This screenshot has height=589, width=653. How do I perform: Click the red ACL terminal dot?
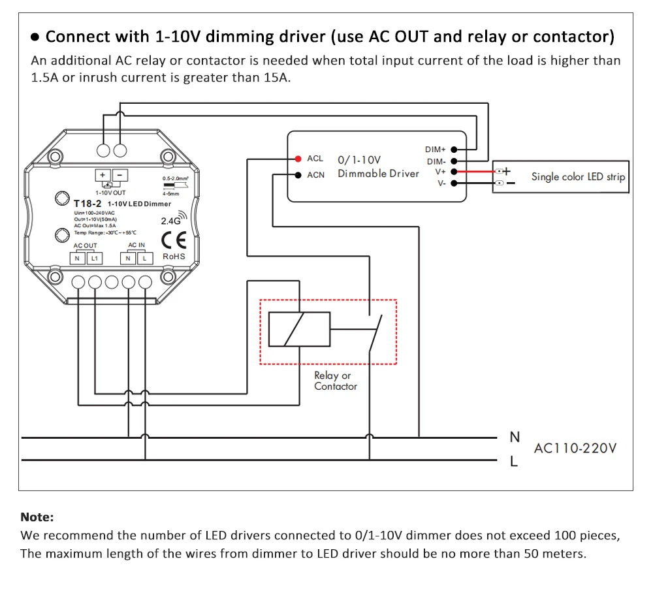[x=298, y=159]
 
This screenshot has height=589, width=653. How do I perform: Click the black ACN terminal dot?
[x=298, y=175]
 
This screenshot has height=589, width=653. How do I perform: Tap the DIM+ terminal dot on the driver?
[x=454, y=149]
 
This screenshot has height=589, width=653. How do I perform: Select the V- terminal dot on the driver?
[x=454, y=183]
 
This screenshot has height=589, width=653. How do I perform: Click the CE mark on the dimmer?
[x=174, y=240]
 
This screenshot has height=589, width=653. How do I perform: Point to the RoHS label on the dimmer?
[x=174, y=257]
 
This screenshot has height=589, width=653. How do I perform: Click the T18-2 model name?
[x=88, y=204]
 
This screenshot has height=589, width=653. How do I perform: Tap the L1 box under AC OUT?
[x=95, y=259]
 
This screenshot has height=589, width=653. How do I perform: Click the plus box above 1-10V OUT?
[x=103, y=175]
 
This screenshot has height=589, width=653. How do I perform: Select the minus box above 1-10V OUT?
[x=120, y=175]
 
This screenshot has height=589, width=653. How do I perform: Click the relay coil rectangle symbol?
[x=300, y=329]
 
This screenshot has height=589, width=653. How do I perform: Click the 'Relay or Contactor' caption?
[x=336, y=381]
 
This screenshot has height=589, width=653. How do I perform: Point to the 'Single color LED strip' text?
[x=578, y=177]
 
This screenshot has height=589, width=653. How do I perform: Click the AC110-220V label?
[x=575, y=448]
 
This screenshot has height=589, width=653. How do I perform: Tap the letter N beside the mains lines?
[x=515, y=437]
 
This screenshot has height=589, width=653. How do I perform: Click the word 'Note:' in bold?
[x=37, y=517]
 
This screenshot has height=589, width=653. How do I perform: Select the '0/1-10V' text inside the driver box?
[x=359, y=160]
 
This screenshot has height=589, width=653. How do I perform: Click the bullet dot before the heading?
[x=35, y=37]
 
